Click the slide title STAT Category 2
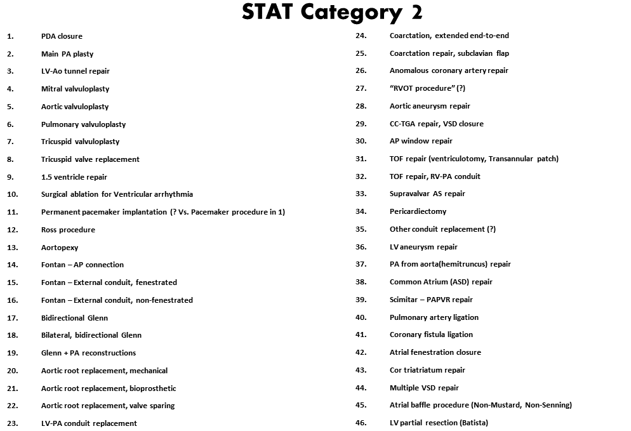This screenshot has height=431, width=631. (332, 12)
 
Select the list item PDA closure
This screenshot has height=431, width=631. (62, 36)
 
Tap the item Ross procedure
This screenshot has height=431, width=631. (68, 230)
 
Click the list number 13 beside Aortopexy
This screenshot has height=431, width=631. (12, 248)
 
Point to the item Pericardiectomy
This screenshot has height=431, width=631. (418, 211)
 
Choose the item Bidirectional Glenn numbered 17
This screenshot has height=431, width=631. (74, 318)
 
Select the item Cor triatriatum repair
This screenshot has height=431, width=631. (427, 370)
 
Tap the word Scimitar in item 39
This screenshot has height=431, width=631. (404, 300)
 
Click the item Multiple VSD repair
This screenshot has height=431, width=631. (424, 388)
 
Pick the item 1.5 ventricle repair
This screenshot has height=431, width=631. (74, 177)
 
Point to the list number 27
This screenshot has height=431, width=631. (361, 88)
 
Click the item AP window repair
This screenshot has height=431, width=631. (421, 141)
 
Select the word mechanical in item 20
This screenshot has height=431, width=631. (150, 371)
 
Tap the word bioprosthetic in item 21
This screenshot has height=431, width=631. (153, 388)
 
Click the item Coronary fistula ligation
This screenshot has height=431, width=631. (431, 335)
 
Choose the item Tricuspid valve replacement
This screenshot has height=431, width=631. (90, 159)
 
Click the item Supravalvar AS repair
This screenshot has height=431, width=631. (427, 194)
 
